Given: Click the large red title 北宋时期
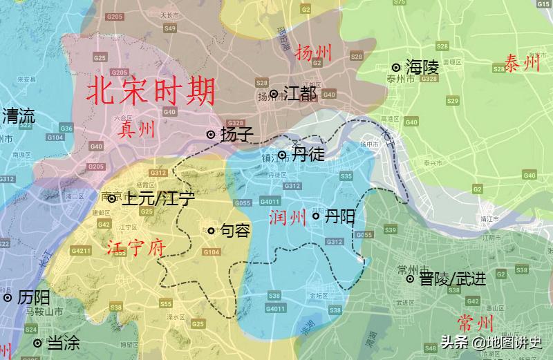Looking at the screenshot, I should (x=151, y=90).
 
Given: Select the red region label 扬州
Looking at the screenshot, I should (x=313, y=53).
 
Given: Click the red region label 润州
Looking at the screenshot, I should (x=287, y=219).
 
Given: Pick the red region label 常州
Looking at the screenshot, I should (x=476, y=323).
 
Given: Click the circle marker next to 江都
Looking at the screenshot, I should (x=274, y=94).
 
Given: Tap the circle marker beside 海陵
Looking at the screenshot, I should (x=396, y=68).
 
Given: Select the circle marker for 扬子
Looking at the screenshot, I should (x=211, y=135).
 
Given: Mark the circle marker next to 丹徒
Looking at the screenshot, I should (x=282, y=155).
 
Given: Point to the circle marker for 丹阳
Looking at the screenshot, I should (x=316, y=216).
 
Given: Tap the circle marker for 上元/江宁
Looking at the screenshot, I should (x=112, y=199).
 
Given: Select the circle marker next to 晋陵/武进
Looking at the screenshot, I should (x=410, y=279).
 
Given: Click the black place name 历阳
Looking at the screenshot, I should (x=34, y=298).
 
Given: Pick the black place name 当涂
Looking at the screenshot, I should (x=63, y=343).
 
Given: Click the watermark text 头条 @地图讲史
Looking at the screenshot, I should (x=491, y=342).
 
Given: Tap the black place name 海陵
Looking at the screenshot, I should (x=422, y=67).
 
